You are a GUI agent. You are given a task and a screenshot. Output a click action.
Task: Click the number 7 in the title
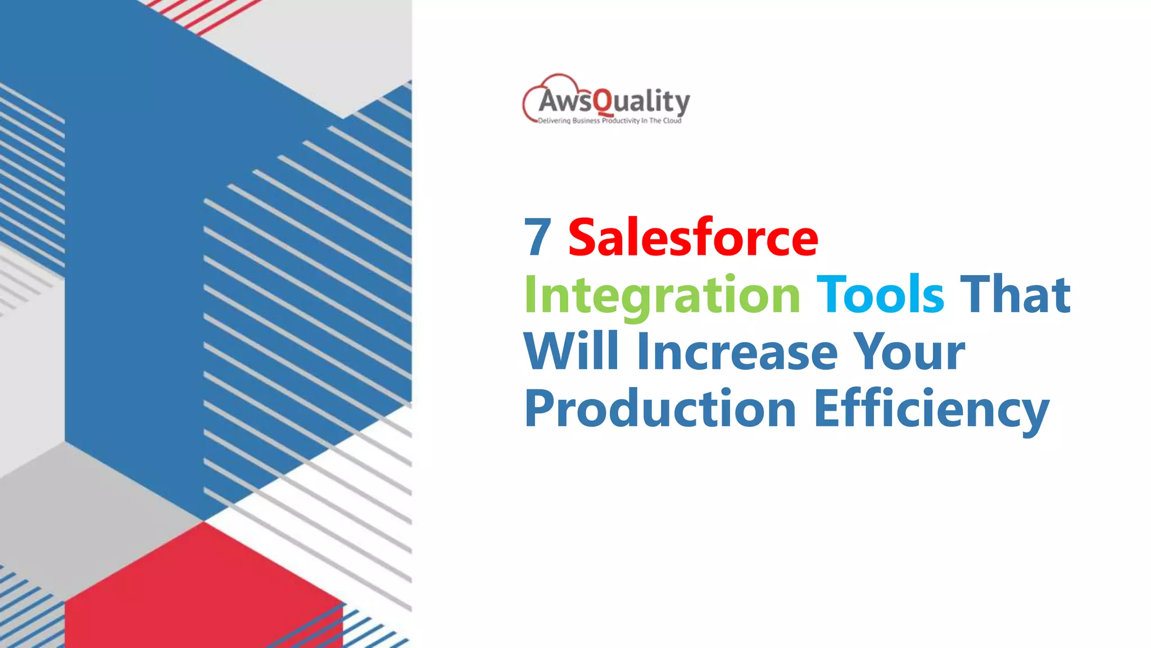point(537,237)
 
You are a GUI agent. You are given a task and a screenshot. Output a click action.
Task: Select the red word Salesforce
point(693,237)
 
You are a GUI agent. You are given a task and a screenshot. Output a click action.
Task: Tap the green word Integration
point(662,295)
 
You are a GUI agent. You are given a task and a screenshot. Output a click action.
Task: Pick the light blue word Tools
point(880,294)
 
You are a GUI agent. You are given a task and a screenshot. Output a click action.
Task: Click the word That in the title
point(1015,294)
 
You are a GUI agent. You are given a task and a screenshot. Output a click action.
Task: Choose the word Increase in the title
point(737,352)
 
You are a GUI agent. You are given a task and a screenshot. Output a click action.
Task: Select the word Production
point(660,409)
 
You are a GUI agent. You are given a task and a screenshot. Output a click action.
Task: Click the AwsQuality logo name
point(614,101)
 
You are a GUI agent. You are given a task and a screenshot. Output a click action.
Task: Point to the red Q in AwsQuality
point(603,102)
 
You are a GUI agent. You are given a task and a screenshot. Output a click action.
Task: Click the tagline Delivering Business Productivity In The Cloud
point(609,121)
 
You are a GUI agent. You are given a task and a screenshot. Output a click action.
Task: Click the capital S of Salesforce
point(584,237)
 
